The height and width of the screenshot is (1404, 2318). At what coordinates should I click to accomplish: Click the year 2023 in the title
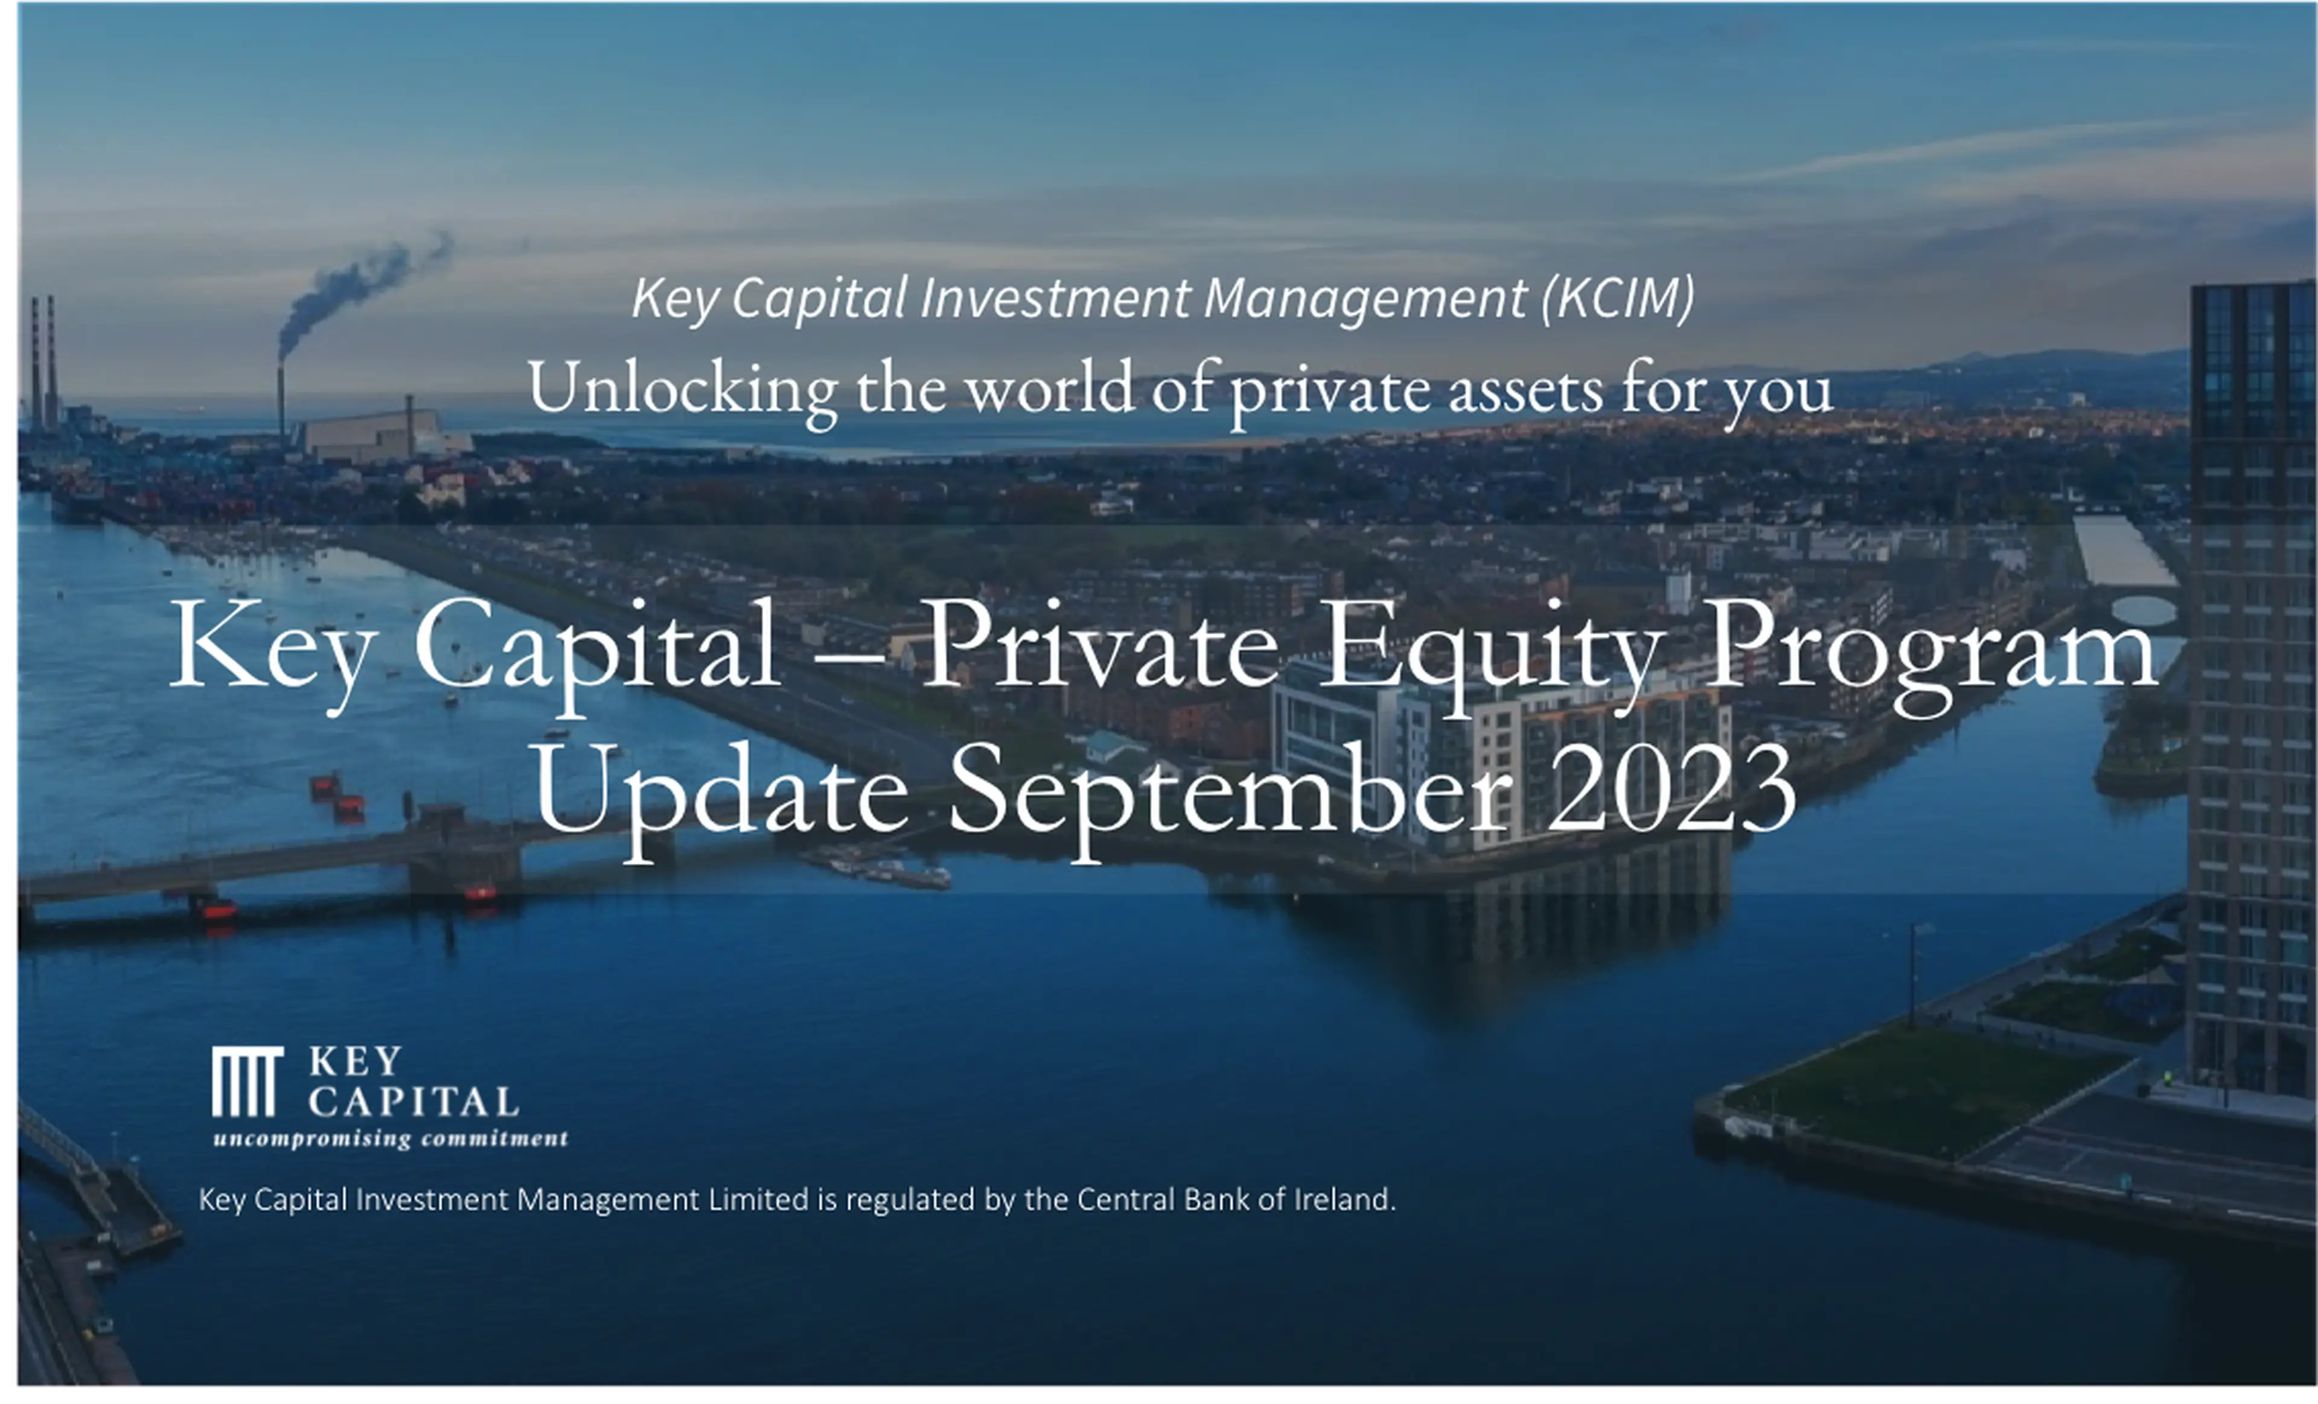click(1671, 790)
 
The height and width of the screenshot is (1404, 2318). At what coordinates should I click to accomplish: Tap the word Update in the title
click(721, 799)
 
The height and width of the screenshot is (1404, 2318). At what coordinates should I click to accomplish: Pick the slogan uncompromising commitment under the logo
click(391, 1139)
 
